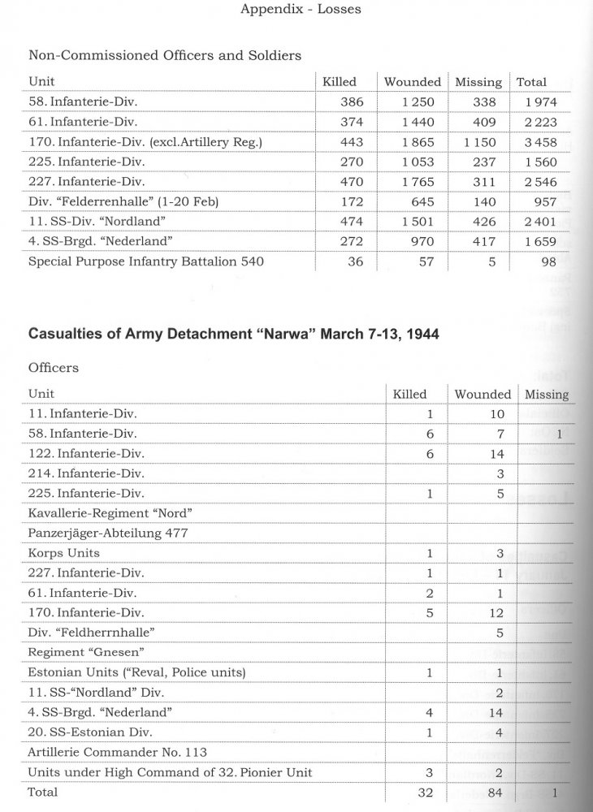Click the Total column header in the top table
(531, 82)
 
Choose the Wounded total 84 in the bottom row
(497, 792)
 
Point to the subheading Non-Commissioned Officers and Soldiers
(165, 55)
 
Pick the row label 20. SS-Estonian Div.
(82, 732)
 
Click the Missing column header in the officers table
(547, 395)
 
